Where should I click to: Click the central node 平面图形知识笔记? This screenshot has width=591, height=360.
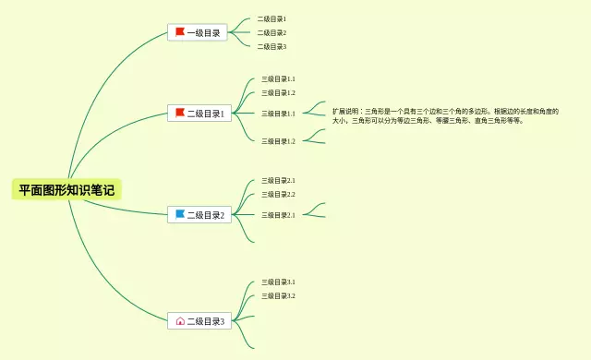(x=66, y=190)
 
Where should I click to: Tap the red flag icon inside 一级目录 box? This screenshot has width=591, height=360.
(x=180, y=32)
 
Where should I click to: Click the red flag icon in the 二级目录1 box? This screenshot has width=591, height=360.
(x=180, y=113)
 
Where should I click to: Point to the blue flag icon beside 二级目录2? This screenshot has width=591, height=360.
(x=180, y=214)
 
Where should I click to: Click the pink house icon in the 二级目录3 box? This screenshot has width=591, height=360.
(x=180, y=321)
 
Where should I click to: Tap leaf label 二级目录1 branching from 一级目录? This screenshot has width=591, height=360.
(x=271, y=18)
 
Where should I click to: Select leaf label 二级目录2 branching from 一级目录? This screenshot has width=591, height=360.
(x=271, y=32)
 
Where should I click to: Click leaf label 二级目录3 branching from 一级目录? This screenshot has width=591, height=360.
(x=271, y=46)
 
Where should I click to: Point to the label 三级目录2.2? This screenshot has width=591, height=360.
(x=278, y=194)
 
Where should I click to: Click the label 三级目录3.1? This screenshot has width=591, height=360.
(x=278, y=282)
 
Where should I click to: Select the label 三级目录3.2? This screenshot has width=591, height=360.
(x=278, y=295)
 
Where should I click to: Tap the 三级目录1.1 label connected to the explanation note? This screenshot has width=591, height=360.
(x=278, y=114)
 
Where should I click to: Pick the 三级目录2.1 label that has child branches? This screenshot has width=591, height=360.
(x=278, y=215)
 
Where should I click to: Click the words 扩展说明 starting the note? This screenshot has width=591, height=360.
(x=347, y=111)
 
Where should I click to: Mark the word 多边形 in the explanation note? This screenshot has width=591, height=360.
(x=465, y=111)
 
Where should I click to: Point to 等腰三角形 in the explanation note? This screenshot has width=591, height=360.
(x=452, y=120)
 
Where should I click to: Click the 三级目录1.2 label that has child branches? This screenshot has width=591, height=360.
(x=278, y=141)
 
